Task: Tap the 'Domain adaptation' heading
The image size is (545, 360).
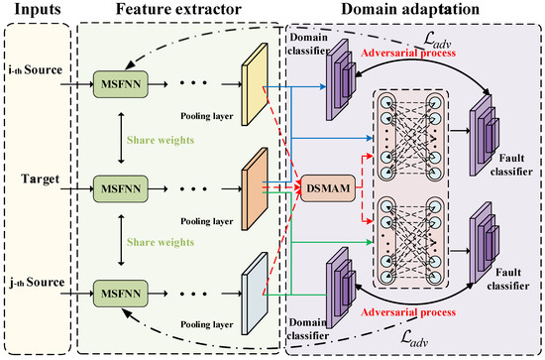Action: [413, 12]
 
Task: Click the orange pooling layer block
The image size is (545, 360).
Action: [255, 180]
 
